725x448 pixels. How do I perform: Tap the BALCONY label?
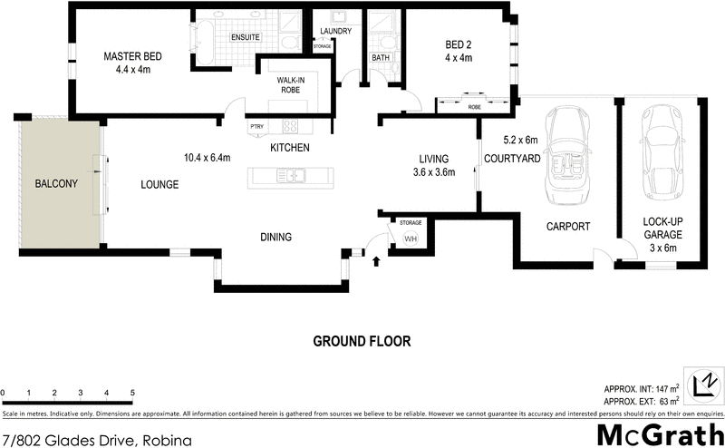click(x=56, y=183)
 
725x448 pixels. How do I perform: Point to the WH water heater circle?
click(x=410, y=239)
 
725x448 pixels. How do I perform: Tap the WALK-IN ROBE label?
click(x=291, y=85)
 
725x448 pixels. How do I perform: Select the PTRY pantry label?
click(x=256, y=126)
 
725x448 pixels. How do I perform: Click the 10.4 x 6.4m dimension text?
click(x=207, y=158)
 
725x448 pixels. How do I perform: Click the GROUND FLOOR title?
click(x=362, y=342)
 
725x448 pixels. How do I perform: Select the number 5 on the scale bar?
click(x=133, y=393)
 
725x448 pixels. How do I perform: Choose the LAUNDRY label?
click(x=336, y=32)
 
